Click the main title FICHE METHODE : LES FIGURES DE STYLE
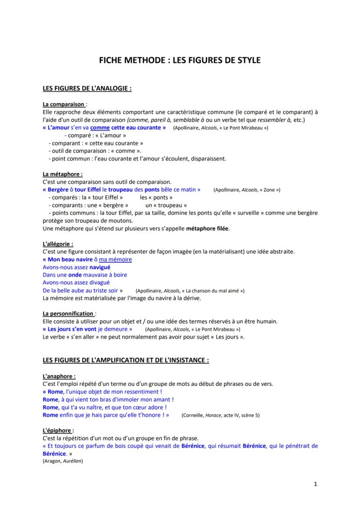[x=180, y=60]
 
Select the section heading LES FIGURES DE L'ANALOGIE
[x=87, y=88]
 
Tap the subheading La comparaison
[x=63, y=104]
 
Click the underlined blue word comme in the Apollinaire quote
[x=100, y=128]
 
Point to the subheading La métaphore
[x=63, y=174]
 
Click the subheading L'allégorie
[x=58, y=244]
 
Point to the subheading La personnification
[x=68, y=313]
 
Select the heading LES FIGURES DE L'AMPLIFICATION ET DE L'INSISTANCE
[x=126, y=360]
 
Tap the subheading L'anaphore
[x=59, y=376]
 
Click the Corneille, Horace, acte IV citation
[x=220, y=416]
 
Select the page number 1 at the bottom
[x=316, y=484]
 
